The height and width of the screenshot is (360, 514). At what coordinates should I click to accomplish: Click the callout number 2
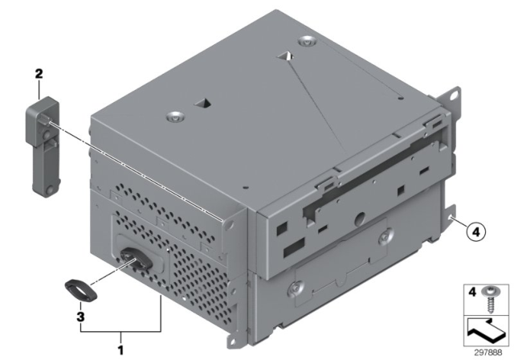point(39,74)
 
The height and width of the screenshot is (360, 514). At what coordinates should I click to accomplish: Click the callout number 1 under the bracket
point(121,350)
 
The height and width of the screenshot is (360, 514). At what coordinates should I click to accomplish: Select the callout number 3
point(80,317)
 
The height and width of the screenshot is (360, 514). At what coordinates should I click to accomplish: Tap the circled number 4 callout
point(475,231)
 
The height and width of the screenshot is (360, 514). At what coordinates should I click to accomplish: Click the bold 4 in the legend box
point(471,292)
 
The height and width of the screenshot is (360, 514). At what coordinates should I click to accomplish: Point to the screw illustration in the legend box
point(490,299)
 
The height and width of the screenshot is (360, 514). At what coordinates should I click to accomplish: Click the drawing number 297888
point(487,353)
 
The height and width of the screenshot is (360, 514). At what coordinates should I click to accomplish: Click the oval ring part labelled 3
point(81,290)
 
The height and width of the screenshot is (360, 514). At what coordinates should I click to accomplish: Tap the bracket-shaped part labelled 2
point(43,146)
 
